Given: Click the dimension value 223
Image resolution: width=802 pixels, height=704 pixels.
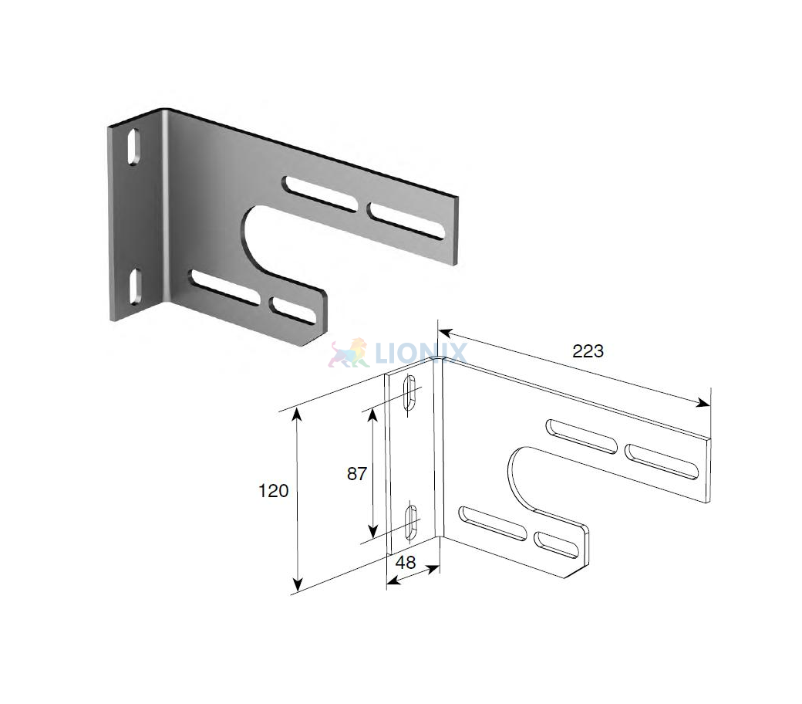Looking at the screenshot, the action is [x=588, y=351].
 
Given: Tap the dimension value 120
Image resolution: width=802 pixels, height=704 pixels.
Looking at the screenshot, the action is [x=273, y=491].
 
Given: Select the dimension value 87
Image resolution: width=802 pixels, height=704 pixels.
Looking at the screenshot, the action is [x=356, y=474].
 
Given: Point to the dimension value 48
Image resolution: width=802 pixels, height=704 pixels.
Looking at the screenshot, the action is [x=406, y=563].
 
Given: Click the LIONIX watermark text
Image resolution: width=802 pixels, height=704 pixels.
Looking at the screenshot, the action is [x=420, y=353].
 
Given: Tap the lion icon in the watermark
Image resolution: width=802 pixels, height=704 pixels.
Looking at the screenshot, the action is [x=349, y=353].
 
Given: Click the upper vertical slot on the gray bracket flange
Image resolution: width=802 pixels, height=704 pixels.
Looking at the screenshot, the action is [x=134, y=147].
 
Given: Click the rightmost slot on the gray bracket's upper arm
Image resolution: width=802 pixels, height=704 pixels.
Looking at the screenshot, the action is [x=406, y=220].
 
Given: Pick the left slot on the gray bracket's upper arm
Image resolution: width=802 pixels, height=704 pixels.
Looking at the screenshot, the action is [x=321, y=194].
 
